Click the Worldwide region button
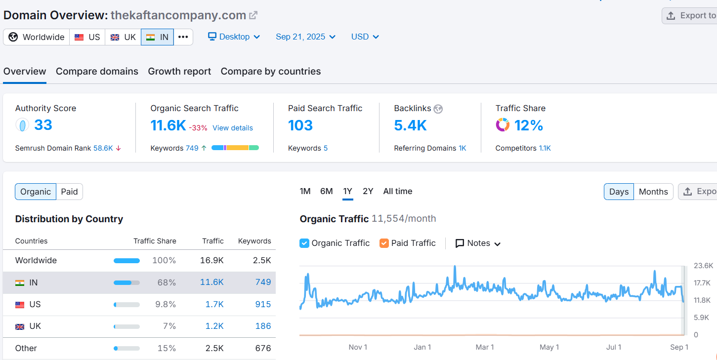[x=37, y=37]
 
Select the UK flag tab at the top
[x=123, y=37]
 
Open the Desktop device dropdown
[x=234, y=37]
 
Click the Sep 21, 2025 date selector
[x=305, y=37]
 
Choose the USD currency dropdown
[x=365, y=37]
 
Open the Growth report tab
[x=179, y=71]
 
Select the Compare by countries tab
[x=270, y=71]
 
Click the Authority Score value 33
[x=43, y=125]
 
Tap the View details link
[x=233, y=128]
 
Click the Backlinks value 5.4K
[x=410, y=125]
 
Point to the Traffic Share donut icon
[x=503, y=125]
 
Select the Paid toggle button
[x=69, y=192]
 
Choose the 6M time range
[x=327, y=192]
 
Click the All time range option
[x=398, y=192]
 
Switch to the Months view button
[x=653, y=192]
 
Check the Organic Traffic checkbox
[x=304, y=243]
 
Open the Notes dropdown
[x=478, y=243]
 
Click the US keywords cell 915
[x=263, y=304]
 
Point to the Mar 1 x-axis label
[x=485, y=347]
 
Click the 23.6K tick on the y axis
[x=703, y=266]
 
